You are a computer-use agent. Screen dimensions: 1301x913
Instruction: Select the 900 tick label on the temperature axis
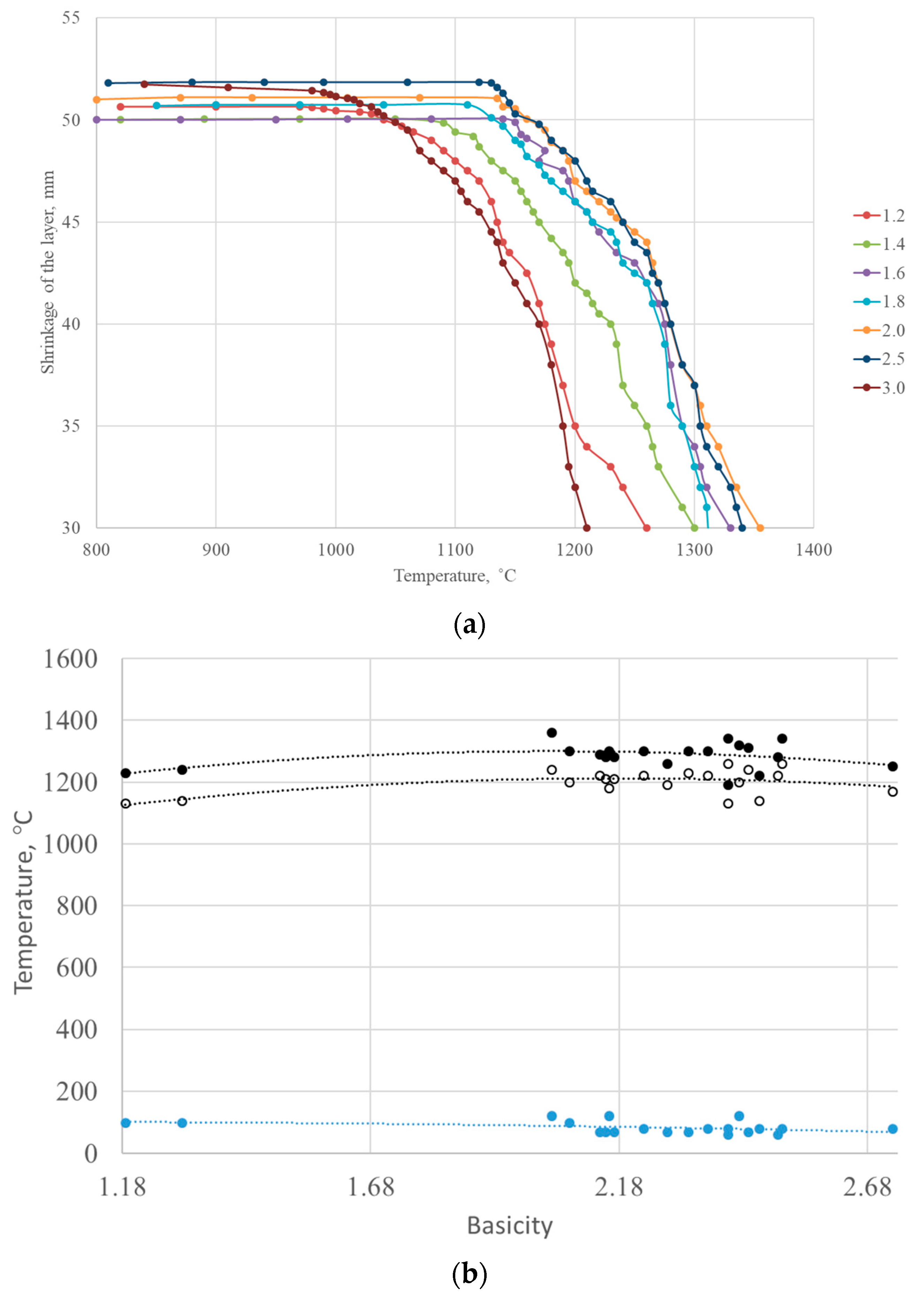click(x=216, y=550)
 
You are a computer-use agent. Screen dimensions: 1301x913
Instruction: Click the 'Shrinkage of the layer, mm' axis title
click(x=48, y=272)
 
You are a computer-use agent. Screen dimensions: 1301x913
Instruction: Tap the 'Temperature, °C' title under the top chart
click(x=455, y=576)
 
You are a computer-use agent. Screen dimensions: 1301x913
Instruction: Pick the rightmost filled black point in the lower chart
click(x=892, y=766)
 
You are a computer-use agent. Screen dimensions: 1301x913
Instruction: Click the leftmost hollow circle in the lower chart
click(x=126, y=804)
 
